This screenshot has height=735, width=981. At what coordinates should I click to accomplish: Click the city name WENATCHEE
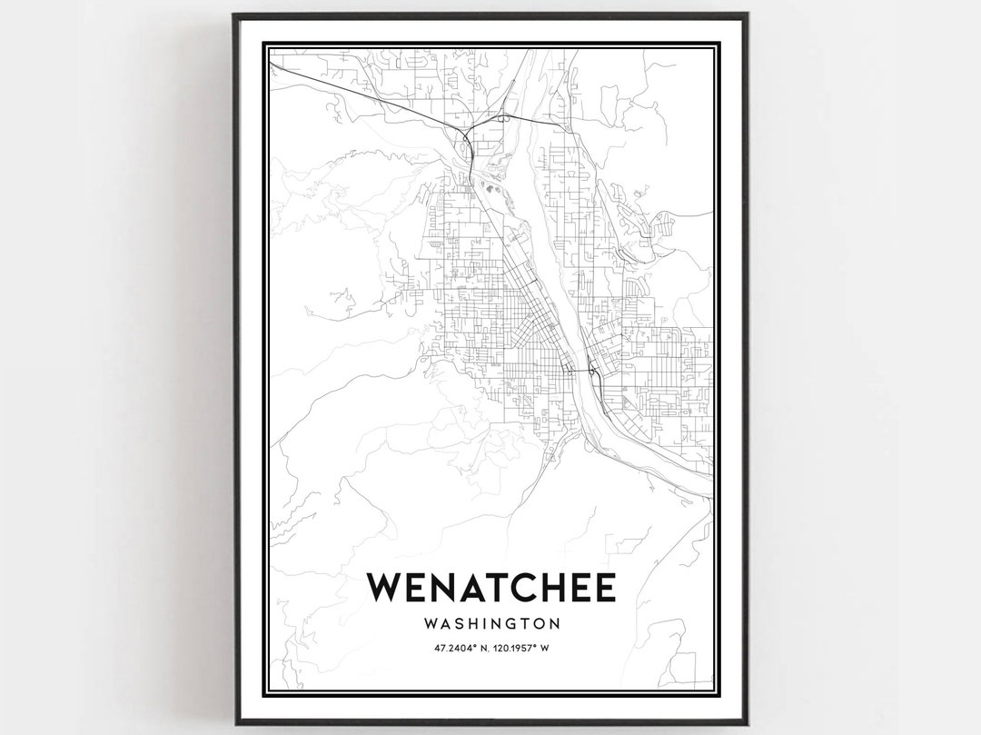[491, 588]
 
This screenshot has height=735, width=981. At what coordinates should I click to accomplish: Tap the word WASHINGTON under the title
[491, 624]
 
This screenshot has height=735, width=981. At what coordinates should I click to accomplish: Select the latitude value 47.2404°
[455, 648]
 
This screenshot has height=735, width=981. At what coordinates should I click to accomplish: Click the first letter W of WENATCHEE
[385, 588]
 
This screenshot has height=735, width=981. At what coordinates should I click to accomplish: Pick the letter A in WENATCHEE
[474, 588]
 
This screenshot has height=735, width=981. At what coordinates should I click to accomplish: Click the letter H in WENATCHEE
[564, 588]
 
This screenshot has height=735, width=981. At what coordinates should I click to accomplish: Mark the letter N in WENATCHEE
[444, 588]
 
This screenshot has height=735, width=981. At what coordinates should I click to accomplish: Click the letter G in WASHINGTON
[510, 624]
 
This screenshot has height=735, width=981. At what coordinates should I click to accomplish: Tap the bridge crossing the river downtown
[580, 372]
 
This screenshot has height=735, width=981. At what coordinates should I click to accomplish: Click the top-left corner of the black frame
[234, 15]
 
